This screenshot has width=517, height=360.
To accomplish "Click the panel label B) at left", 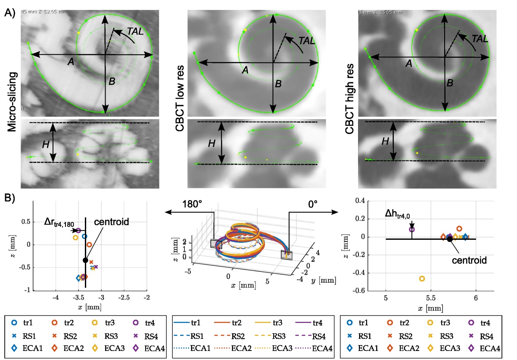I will tap(9, 199).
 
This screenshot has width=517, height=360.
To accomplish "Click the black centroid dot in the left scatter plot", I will tap(85, 260).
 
